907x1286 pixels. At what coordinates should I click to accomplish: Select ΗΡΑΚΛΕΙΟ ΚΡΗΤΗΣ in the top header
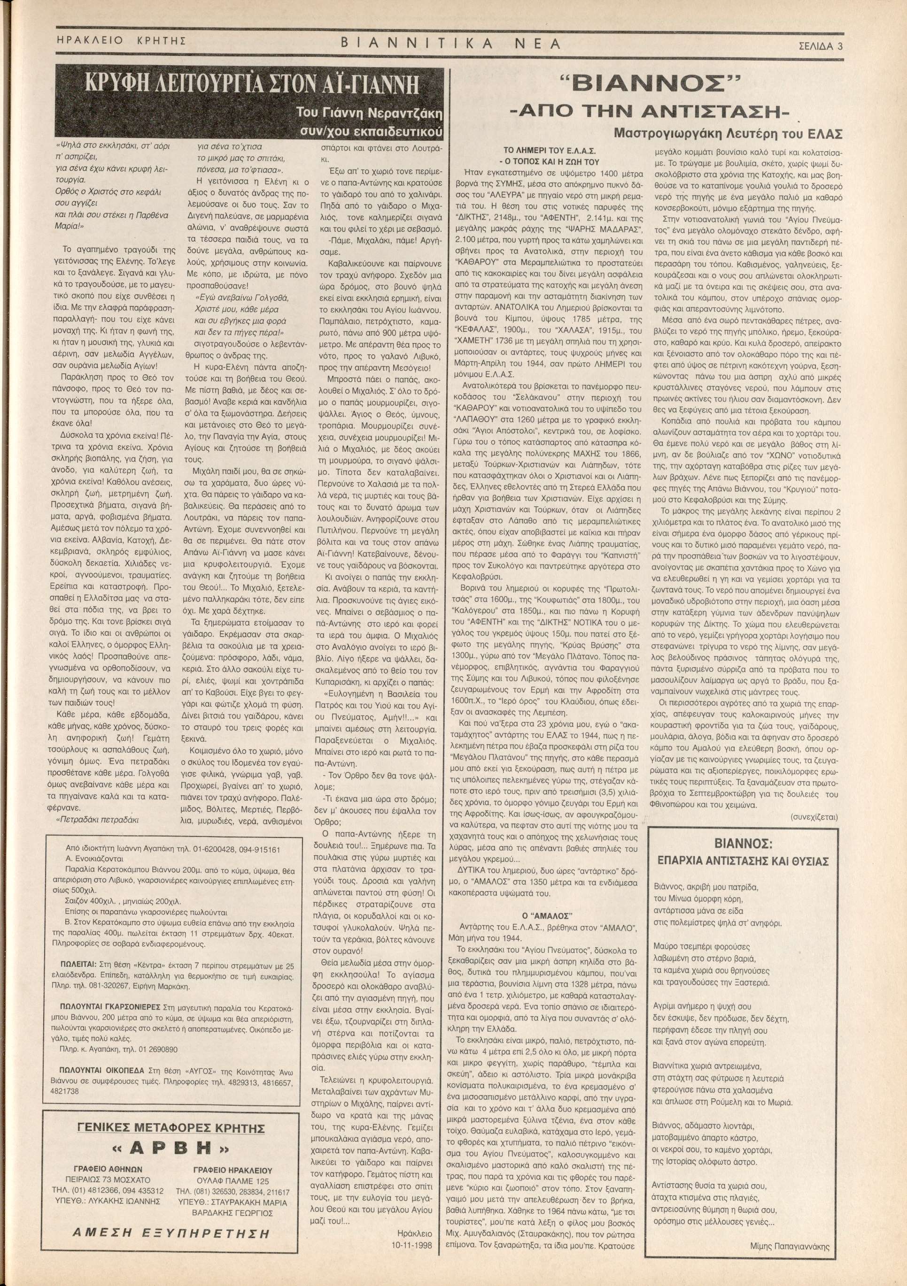tap(121, 41)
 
